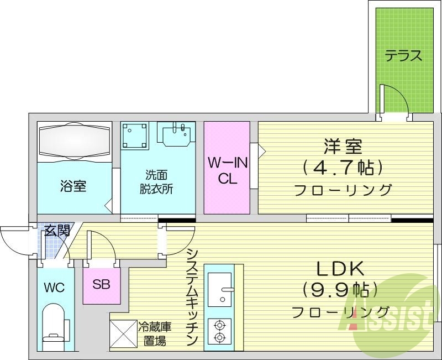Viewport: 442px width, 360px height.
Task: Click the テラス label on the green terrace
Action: click(403, 56)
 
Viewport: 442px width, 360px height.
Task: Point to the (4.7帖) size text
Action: click(343, 167)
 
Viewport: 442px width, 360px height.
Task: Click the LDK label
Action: click(340, 269)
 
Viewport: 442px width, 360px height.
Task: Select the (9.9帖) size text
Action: click(340, 289)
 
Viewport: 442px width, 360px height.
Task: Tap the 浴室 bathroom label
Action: click(73, 186)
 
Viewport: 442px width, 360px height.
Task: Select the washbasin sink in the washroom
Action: click(176, 134)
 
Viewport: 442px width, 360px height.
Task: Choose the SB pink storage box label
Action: click(101, 285)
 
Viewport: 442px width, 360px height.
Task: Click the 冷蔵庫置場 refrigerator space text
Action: click(151, 334)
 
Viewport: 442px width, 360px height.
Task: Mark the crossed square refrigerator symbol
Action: click(123, 333)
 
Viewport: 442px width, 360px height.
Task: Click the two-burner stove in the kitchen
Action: click(219, 332)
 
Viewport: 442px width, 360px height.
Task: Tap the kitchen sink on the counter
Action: click(220, 288)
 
